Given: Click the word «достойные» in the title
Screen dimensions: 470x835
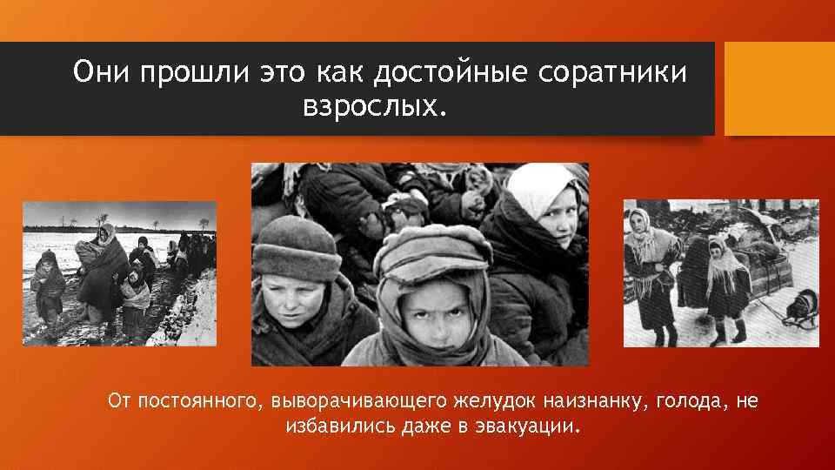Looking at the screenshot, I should (x=451, y=72).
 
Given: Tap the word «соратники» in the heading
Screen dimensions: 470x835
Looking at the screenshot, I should (x=613, y=72).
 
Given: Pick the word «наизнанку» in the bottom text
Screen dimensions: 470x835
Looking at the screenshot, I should (x=595, y=401).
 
